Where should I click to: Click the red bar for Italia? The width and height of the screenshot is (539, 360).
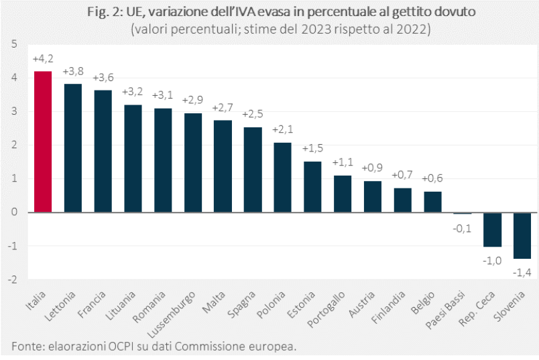(x=43, y=141)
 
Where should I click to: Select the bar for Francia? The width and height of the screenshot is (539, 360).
(x=103, y=151)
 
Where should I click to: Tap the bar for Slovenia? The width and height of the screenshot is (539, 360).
(x=523, y=235)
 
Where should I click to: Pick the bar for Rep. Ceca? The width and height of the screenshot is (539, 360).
(x=493, y=229)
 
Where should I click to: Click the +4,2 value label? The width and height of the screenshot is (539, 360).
(x=43, y=60)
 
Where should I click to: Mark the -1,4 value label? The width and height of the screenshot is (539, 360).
(x=523, y=272)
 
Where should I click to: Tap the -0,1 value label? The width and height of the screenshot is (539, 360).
(x=463, y=228)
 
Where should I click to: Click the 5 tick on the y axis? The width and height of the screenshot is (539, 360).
(x=13, y=44)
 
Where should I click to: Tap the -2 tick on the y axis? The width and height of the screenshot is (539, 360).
(x=13, y=280)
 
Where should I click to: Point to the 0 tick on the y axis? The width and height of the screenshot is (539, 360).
(x=13, y=213)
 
